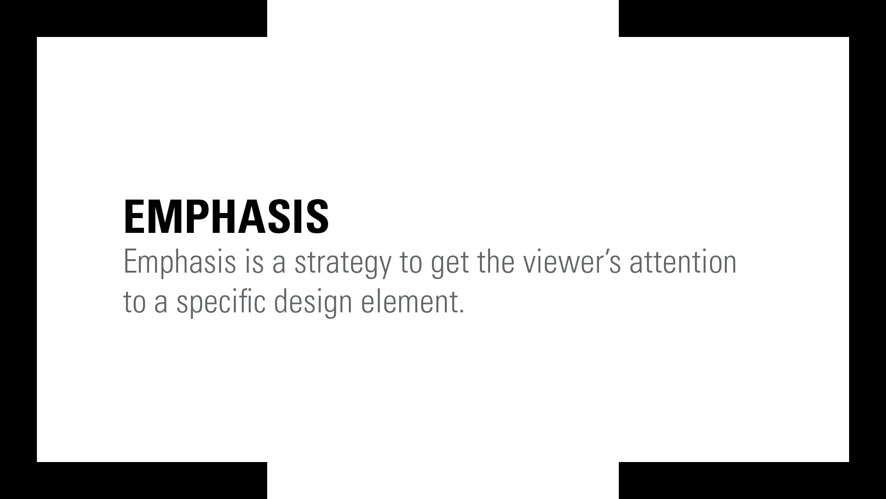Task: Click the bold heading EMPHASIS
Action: (226, 216)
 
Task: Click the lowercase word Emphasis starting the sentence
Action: (180, 262)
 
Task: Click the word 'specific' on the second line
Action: (221, 303)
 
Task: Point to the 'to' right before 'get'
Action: (411, 263)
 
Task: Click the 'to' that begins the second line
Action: (135, 303)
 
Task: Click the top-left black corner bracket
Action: (18, 18)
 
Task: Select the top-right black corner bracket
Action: (868, 18)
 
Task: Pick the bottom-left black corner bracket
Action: (18, 481)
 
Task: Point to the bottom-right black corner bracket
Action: (868, 481)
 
